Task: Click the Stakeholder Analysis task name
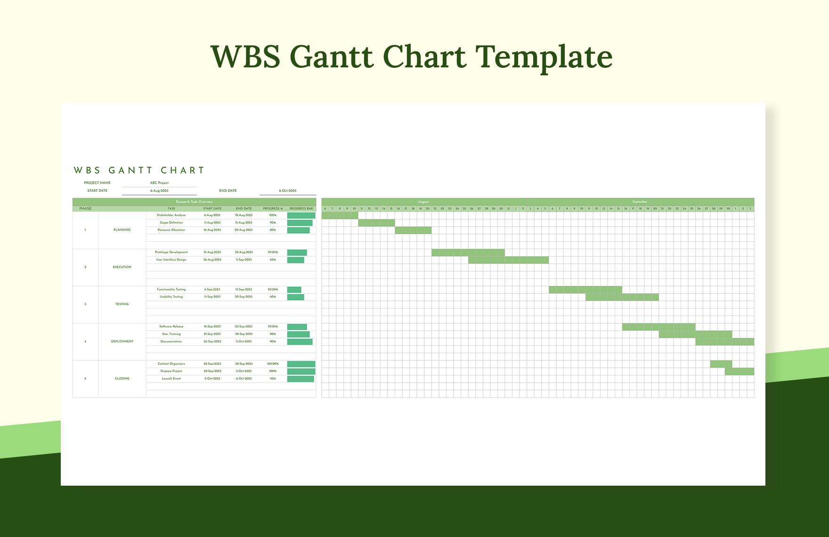[x=171, y=215]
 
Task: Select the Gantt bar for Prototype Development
[x=468, y=252]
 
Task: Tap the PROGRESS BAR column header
[x=301, y=209]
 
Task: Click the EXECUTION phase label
[x=122, y=267]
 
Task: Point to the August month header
[x=423, y=202]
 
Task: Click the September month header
[x=640, y=202]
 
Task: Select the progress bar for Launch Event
[x=301, y=379]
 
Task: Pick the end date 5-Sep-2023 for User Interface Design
[x=244, y=260]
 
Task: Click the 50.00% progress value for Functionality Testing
[x=273, y=290]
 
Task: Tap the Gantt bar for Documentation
[x=724, y=342]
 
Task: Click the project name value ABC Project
[x=159, y=183]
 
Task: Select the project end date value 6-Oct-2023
[x=287, y=191]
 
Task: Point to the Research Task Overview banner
[x=194, y=202]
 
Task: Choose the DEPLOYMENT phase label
[x=122, y=342]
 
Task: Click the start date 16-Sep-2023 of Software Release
[x=212, y=326]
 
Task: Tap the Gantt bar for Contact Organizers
[x=721, y=364]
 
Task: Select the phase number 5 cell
[x=85, y=379]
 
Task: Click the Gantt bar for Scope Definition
[x=376, y=223]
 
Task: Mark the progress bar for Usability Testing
[x=295, y=297]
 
